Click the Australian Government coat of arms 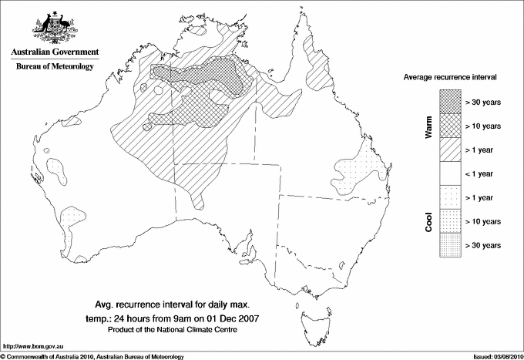[x=54, y=25]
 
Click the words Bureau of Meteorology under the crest [x=55, y=67]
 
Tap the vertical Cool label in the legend [x=429, y=220]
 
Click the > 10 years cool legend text [x=482, y=220]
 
